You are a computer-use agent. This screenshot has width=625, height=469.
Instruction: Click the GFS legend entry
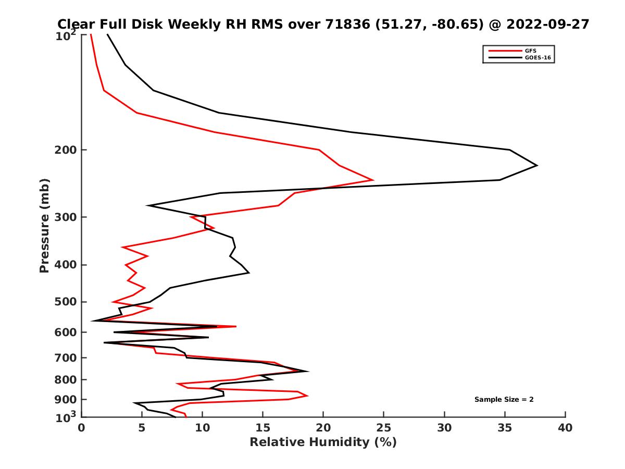(531, 51)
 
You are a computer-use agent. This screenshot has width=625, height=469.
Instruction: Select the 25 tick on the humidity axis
(384, 428)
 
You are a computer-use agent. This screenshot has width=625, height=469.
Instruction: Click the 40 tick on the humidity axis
(565, 428)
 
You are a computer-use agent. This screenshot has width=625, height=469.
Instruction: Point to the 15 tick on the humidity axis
(262, 428)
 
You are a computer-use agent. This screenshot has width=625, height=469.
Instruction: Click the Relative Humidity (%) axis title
(323, 442)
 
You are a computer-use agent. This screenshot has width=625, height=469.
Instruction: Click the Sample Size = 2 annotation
(504, 400)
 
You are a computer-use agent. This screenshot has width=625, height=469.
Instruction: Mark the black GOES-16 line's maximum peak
(537, 166)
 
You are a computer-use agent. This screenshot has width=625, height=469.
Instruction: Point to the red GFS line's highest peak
(373, 180)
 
